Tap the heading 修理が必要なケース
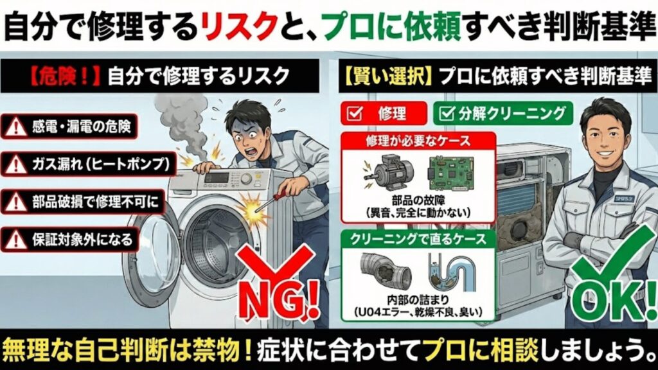click(417, 141)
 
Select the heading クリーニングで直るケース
click(417, 238)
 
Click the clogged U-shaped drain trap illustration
click(452, 273)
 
